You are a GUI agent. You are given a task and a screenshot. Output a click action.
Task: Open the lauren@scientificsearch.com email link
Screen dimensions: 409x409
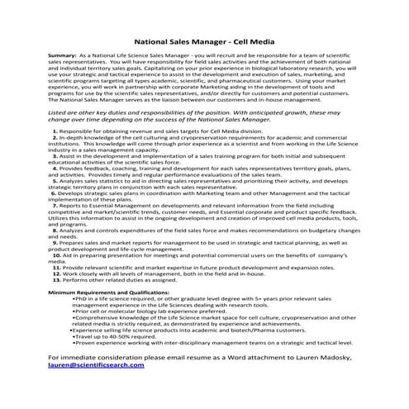[95, 388]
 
